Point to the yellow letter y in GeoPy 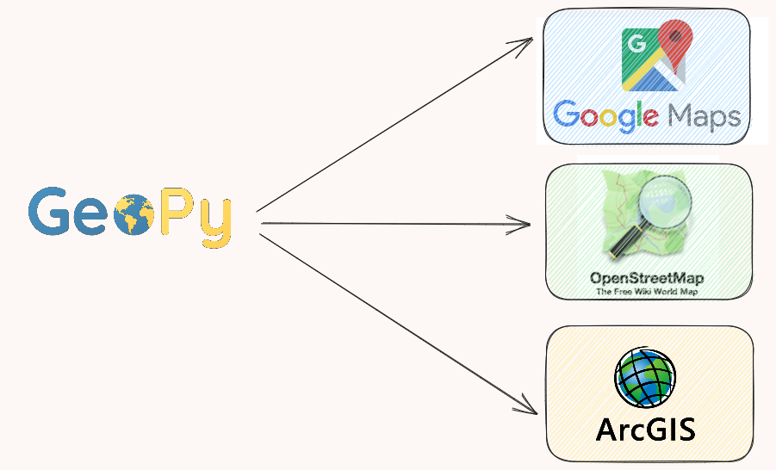tap(215, 221)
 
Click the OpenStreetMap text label tap(647, 279)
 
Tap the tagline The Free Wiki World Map tap(647, 292)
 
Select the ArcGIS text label tap(645, 427)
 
